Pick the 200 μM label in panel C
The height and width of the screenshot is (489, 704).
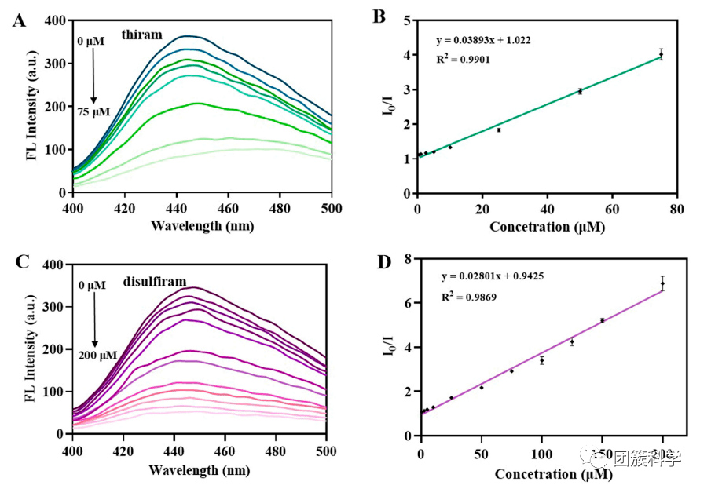click(97, 355)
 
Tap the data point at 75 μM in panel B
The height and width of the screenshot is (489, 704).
click(662, 55)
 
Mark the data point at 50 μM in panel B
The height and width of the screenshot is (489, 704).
click(580, 91)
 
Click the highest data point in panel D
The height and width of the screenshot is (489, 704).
click(662, 283)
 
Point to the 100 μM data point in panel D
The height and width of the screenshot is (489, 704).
click(542, 360)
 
